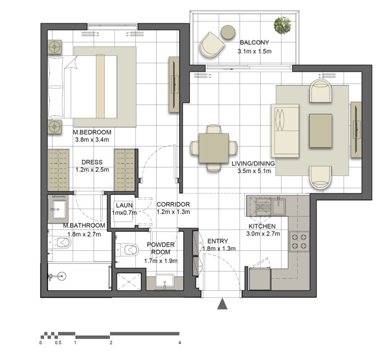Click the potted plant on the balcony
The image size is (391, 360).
point(282,25)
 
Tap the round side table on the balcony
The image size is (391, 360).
point(228,32)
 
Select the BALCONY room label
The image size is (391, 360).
point(254,42)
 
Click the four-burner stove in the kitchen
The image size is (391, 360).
point(299,242)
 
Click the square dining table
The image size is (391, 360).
point(214,148)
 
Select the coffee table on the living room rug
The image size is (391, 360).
point(320,130)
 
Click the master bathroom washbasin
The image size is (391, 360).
point(59,210)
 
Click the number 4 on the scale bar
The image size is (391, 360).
point(179,343)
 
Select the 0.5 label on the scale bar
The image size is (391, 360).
point(58,343)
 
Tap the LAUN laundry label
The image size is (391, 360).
point(124,205)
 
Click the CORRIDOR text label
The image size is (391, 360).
point(173,204)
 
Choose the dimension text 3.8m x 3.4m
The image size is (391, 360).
point(92,140)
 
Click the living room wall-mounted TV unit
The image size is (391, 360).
point(356,130)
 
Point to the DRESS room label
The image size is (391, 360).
point(92,162)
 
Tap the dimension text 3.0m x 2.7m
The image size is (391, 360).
point(263,234)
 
